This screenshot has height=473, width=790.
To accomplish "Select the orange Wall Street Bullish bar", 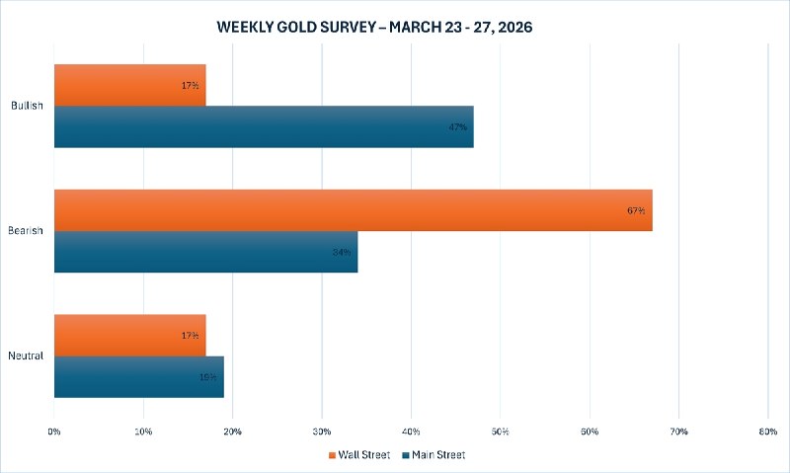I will [129, 85].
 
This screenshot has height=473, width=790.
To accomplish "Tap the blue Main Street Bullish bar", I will [264, 126].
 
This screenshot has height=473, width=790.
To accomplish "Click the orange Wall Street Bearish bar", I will [353, 209].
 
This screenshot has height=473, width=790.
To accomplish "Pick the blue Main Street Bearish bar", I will [205, 252].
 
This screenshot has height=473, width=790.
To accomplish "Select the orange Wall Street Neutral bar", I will [129, 335].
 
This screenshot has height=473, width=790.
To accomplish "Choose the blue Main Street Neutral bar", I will [138, 376].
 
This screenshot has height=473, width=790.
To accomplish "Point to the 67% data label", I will [635, 210].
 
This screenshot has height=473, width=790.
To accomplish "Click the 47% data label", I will [457, 127].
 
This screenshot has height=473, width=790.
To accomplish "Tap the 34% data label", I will [342, 252].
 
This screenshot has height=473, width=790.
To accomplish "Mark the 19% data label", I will [208, 376].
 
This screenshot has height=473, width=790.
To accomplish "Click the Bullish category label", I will [27, 106].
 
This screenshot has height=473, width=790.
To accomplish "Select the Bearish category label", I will [27, 230].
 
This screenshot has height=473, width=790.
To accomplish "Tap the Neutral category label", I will [27, 355].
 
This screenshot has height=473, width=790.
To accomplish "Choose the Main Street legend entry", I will [434, 455].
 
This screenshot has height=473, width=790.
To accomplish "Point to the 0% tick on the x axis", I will [54, 432].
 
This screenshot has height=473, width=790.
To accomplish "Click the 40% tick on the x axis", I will [411, 432].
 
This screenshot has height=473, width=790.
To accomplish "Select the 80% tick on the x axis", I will [768, 432].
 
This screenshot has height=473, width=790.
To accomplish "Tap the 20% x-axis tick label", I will [233, 432].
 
